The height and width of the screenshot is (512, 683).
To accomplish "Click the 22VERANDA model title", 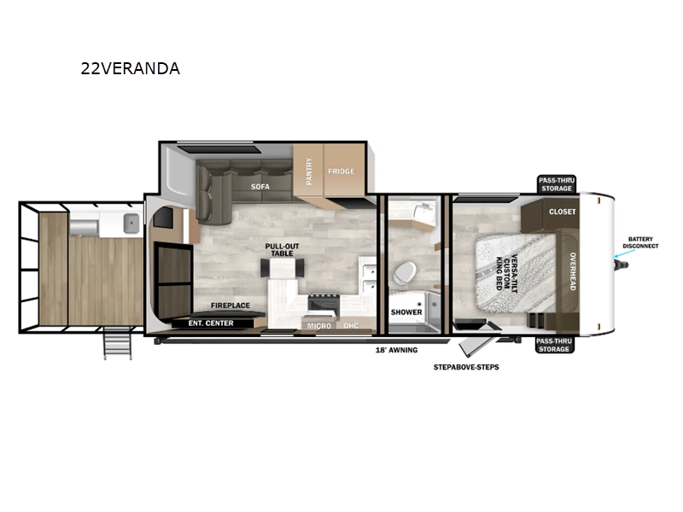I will [130, 69].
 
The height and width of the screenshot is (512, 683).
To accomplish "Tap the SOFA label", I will [260, 185].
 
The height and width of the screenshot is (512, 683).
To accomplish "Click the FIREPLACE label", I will [231, 305].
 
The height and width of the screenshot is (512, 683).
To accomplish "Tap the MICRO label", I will [319, 326].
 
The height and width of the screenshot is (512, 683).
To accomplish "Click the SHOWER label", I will [406, 312].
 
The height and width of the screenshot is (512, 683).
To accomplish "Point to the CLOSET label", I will [562, 212].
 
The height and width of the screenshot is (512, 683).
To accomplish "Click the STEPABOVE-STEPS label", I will [465, 368].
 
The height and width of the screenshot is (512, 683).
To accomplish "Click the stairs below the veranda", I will [118, 346].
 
